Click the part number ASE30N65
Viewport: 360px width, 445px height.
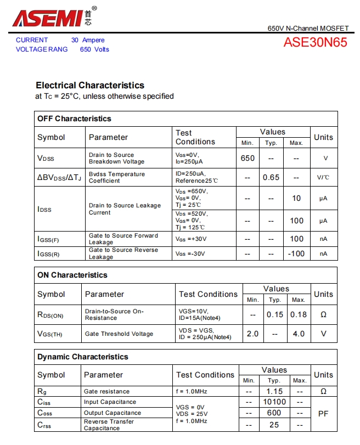point(315,42)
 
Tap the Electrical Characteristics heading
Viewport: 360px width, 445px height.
point(90,85)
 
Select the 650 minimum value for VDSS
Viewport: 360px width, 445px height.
point(248,158)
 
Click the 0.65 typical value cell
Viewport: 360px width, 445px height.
point(271,177)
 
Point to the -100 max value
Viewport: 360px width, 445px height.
point(296,254)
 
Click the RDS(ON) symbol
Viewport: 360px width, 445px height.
point(50,314)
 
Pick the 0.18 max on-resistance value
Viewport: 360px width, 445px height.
point(299,314)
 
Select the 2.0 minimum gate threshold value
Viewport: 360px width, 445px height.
point(252,334)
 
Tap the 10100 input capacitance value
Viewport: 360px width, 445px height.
point(274,402)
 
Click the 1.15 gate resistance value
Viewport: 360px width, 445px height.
point(274,391)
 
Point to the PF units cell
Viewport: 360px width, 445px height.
point(323,413)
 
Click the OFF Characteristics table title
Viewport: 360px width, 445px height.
point(74,119)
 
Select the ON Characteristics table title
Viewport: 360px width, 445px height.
point(72,275)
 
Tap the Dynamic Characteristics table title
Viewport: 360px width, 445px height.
point(83,357)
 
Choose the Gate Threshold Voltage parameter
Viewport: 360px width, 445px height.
point(119,334)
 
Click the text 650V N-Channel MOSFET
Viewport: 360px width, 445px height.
point(308,28)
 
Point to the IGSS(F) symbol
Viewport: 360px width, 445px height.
point(48,239)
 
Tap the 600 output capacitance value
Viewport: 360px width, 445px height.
point(274,413)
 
